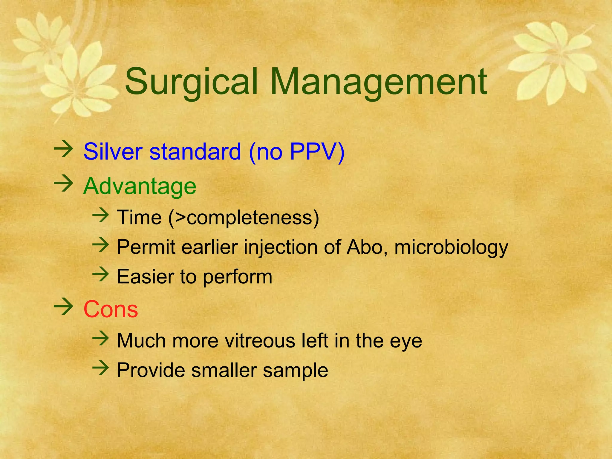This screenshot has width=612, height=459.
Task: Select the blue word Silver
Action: click(x=113, y=152)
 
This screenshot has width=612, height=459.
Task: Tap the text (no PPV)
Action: click(x=296, y=152)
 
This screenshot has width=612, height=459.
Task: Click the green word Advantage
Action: click(x=140, y=186)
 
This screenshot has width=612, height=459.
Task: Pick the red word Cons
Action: click(x=111, y=309)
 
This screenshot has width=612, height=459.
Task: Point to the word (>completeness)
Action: click(x=244, y=218)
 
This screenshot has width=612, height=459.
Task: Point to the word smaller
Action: click(x=224, y=370)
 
